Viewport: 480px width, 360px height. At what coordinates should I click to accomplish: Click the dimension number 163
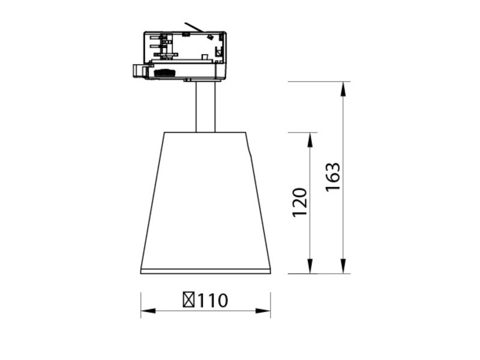click(x=333, y=177)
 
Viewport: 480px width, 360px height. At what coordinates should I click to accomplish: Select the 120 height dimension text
click(x=299, y=202)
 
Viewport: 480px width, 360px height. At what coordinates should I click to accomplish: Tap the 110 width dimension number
click(x=213, y=301)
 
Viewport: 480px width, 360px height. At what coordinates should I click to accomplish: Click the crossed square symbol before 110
click(x=189, y=299)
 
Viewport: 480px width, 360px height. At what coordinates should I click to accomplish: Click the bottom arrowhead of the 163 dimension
click(x=343, y=266)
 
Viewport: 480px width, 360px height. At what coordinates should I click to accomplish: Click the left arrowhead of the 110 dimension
click(x=148, y=311)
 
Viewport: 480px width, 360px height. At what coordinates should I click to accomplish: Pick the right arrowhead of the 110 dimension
click(x=263, y=311)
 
